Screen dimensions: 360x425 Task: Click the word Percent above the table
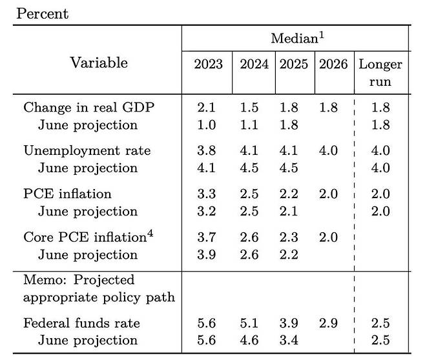coord(43,14)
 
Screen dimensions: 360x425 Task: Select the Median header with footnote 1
coord(296,39)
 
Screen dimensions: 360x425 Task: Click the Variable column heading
coord(99,63)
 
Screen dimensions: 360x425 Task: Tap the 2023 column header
coord(208,65)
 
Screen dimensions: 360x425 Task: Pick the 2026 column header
coord(333,65)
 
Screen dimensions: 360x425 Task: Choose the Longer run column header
coord(380,73)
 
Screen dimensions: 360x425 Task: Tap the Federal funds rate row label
coord(81,323)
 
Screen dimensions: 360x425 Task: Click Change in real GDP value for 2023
coord(208,108)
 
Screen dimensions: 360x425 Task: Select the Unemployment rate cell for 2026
coord(328,150)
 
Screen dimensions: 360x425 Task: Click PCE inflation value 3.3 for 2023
coord(208,194)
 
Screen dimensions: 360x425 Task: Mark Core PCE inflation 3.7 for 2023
coord(208,237)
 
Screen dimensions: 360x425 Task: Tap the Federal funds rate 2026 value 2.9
coord(328,323)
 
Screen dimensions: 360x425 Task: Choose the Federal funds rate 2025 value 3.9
coord(289,323)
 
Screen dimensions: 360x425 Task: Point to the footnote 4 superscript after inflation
coord(150,232)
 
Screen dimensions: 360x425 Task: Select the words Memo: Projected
coord(79,280)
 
